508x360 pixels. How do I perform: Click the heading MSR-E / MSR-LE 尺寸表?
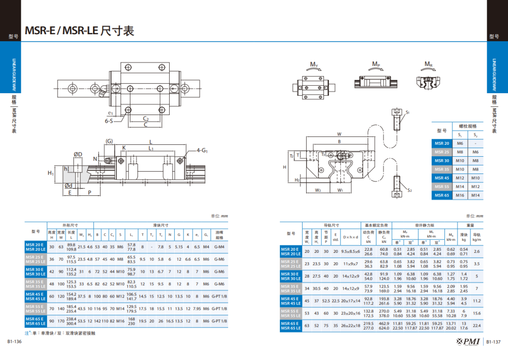[x=79, y=31]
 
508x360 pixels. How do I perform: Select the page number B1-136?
[x=14, y=342]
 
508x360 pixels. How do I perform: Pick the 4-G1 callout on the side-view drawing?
[x=202, y=149]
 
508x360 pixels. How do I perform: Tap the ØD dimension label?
[x=78, y=155]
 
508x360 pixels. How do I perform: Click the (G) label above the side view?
[x=109, y=141]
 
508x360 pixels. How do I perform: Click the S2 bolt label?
[x=409, y=190]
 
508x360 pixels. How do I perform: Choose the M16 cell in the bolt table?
[x=460, y=195]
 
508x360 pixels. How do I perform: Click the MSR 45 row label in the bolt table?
[x=442, y=178]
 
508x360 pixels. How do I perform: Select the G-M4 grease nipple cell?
[x=219, y=246]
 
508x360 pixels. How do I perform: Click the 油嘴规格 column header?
[x=219, y=235]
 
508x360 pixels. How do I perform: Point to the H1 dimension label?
[x=51, y=173]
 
